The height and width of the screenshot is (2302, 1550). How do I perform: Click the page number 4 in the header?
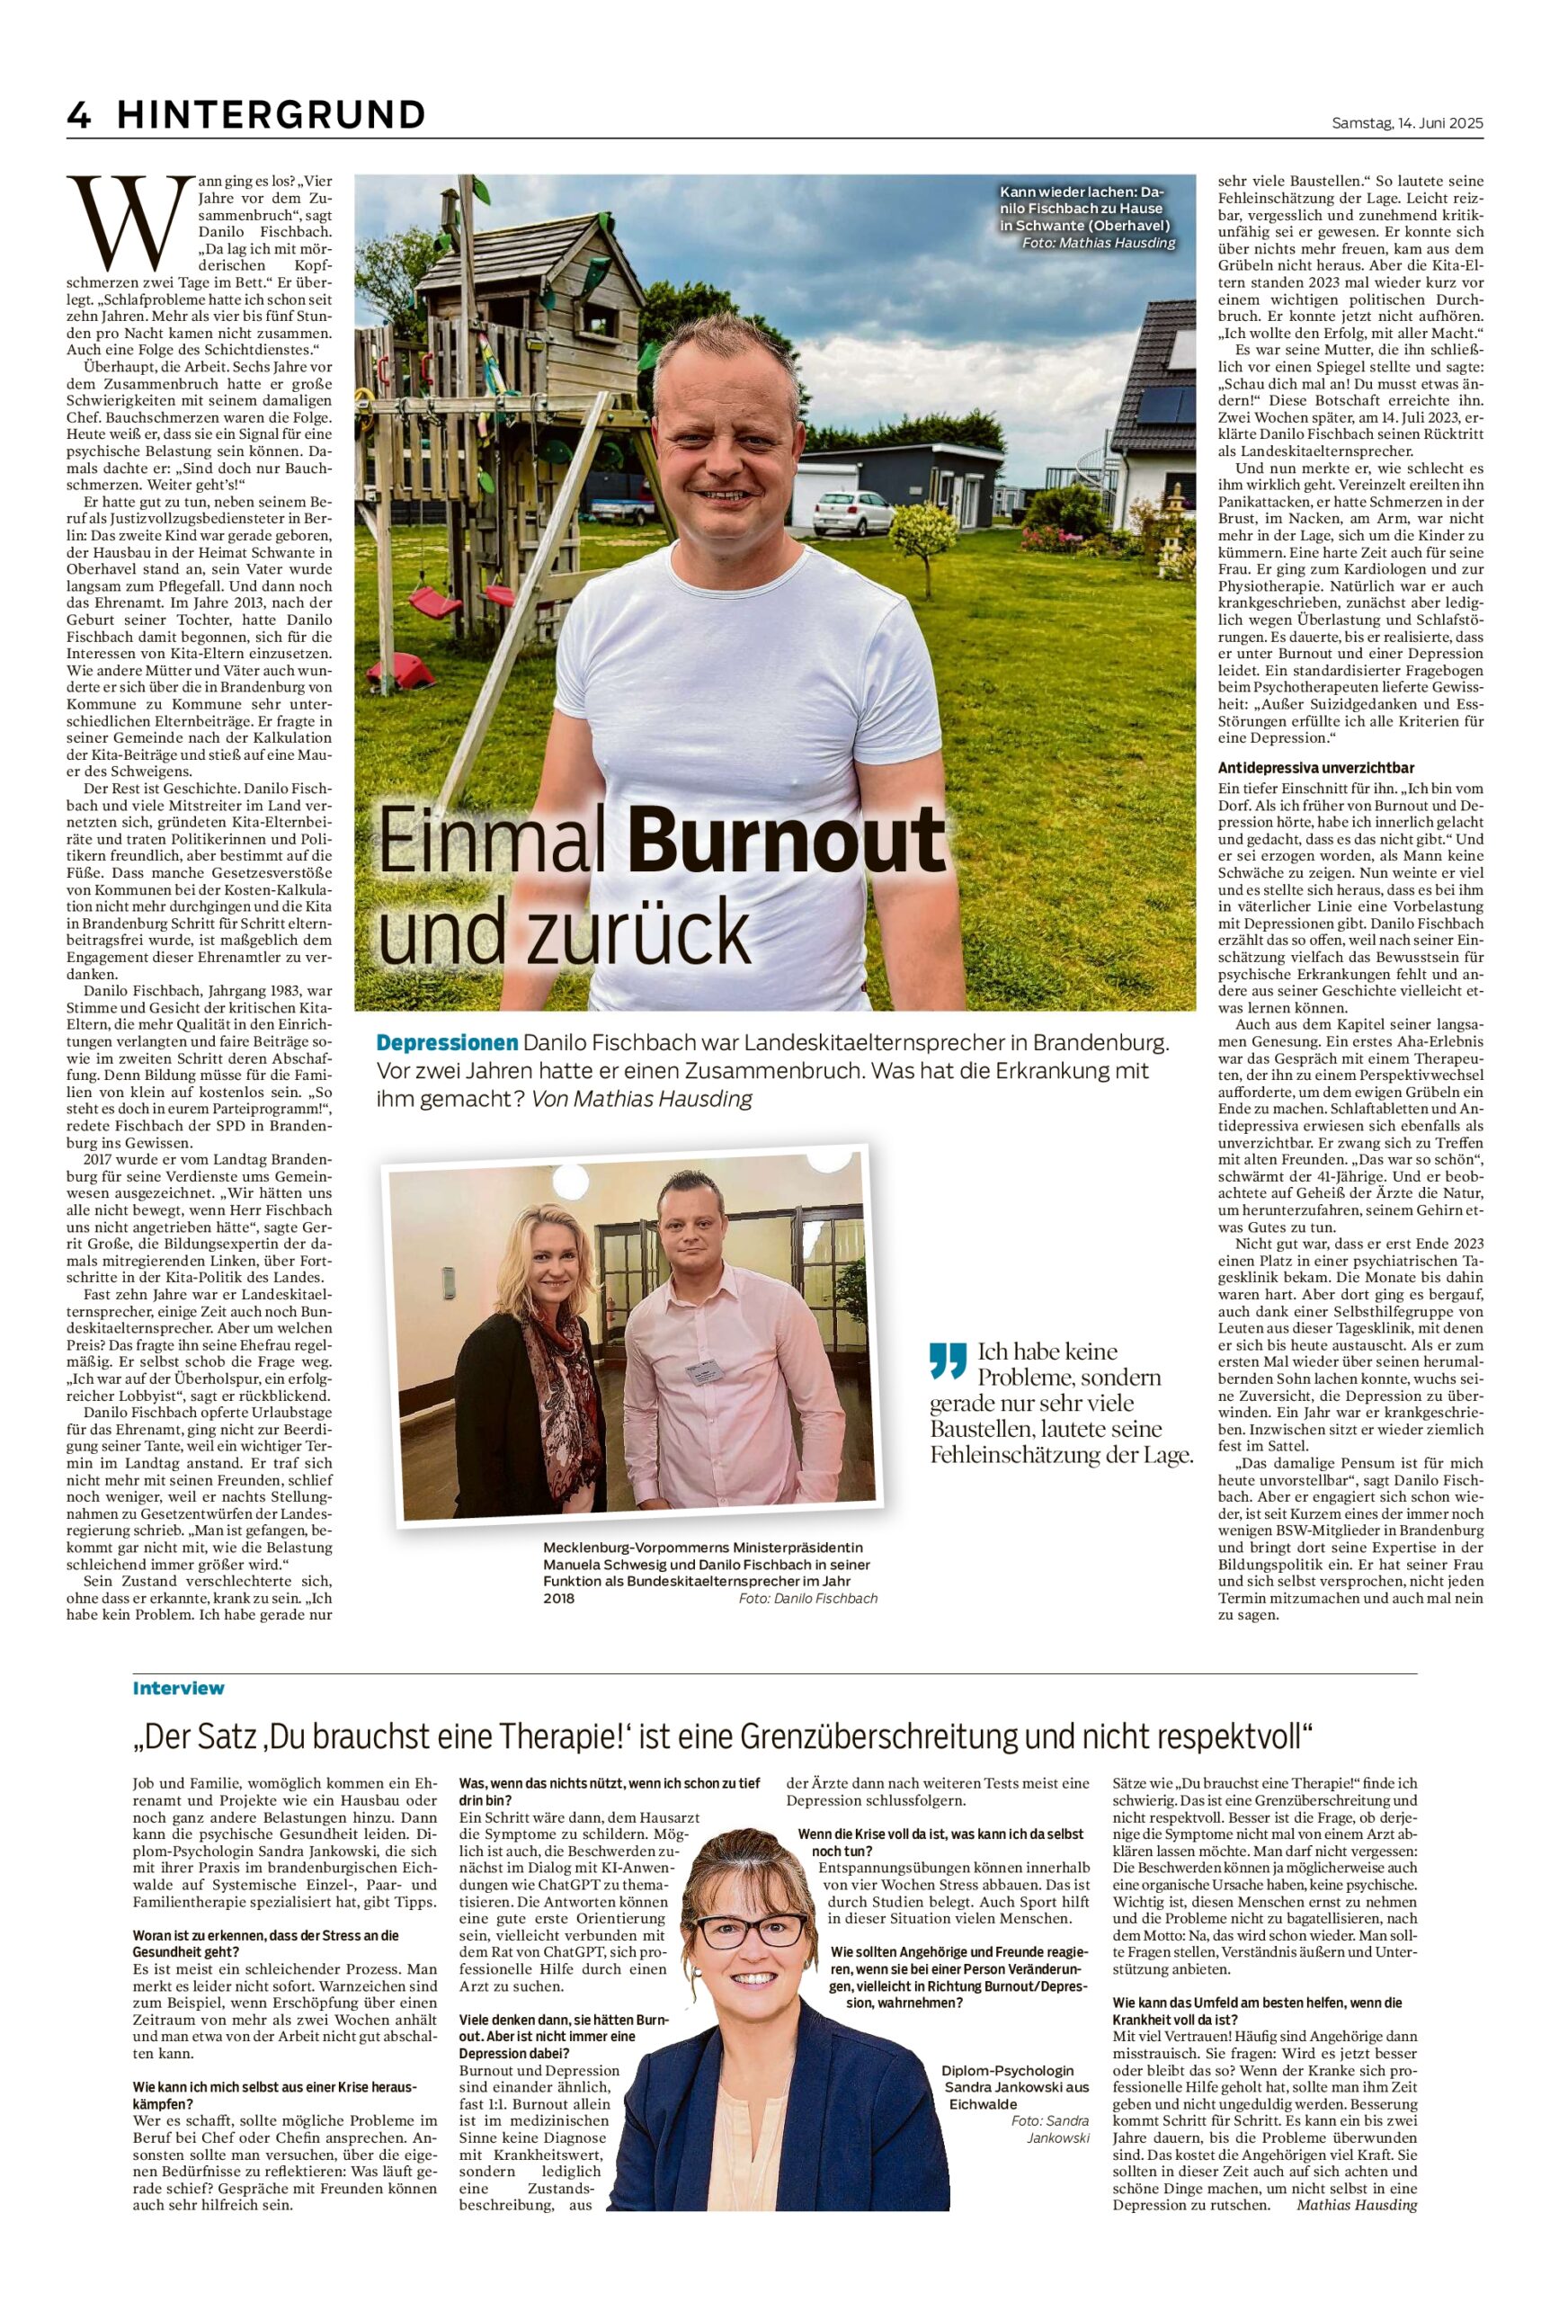[x=78, y=116]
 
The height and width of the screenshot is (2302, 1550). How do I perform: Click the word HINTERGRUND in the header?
[x=271, y=116]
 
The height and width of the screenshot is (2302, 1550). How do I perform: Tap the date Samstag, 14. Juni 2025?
[x=1408, y=123]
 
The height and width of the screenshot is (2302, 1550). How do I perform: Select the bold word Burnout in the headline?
[x=786, y=840]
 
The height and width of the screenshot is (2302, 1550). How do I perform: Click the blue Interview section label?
[x=178, y=1688]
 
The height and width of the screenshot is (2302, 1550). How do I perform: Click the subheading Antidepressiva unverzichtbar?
[x=1315, y=767]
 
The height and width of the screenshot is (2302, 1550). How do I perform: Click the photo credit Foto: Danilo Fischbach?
[x=806, y=1598]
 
